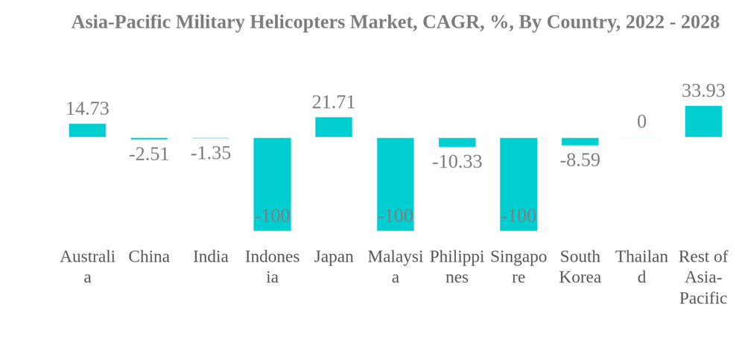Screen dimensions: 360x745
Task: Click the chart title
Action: click(x=395, y=22)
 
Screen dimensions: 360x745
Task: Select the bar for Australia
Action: click(x=87, y=130)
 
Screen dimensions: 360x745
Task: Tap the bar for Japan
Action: click(x=334, y=127)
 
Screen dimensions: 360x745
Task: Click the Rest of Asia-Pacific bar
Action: click(x=703, y=121)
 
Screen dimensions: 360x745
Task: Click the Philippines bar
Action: click(x=457, y=142)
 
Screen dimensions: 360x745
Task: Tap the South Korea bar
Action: click(x=580, y=142)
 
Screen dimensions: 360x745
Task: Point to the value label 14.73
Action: click(x=87, y=109)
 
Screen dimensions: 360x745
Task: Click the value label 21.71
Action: click(x=334, y=102)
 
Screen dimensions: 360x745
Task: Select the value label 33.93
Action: click(x=703, y=91)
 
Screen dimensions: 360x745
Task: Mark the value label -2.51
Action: click(x=149, y=154)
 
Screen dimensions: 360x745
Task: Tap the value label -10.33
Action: click(x=457, y=162)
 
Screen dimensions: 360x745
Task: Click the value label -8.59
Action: click(x=580, y=160)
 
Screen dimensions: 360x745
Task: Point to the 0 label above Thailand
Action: click(x=641, y=121)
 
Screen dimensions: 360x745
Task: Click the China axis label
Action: click(x=149, y=256)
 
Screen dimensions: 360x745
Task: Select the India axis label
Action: click(x=211, y=256)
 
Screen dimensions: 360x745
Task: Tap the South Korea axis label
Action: click(x=580, y=267)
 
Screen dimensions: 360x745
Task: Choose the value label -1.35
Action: click(x=211, y=154)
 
